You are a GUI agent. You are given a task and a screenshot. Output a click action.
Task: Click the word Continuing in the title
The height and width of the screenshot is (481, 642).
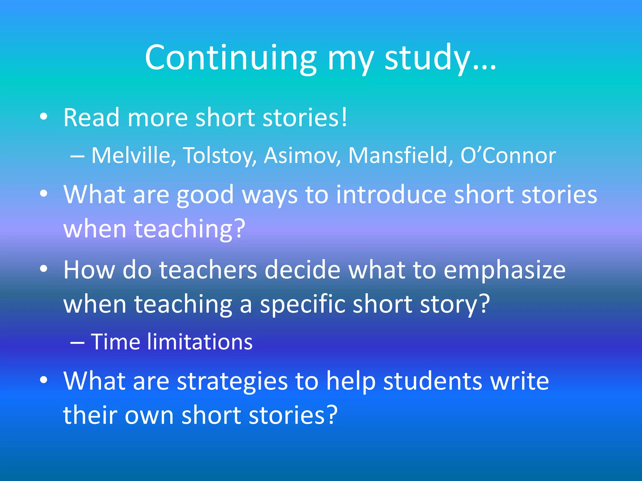pyautogui.click(x=230, y=58)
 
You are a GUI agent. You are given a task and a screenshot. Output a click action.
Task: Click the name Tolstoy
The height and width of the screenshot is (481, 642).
pyautogui.click(x=219, y=156)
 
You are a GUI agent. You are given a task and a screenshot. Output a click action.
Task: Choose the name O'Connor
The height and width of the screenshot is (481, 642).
pyautogui.click(x=508, y=155)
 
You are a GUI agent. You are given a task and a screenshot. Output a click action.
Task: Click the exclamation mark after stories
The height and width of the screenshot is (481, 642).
pyautogui.click(x=344, y=117)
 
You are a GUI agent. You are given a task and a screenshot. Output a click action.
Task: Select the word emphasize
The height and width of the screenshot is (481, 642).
pyautogui.click(x=504, y=270)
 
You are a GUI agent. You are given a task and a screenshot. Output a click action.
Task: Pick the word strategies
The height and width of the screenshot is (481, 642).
pyautogui.click(x=232, y=381)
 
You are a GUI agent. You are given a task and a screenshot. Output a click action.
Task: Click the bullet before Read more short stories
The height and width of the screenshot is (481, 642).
pyautogui.click(x=44, y=117)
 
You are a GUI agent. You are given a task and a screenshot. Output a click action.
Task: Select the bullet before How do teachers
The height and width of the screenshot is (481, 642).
pyautogui.click(x=44, y=269)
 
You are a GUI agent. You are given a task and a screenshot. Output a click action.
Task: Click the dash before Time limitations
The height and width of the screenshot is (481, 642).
pyautogui.click(x=77, y=343)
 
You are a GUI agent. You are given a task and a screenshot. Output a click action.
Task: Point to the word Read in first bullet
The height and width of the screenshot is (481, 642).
pyautogui.click(x=91, y=117)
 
